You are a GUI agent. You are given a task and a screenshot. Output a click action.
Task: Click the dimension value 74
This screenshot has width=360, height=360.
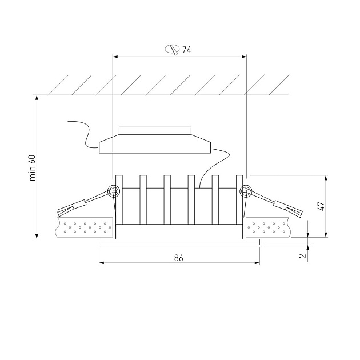186,49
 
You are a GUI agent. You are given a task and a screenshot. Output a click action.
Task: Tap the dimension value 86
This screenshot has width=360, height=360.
179,258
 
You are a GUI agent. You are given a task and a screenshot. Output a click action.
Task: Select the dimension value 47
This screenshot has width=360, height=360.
321,206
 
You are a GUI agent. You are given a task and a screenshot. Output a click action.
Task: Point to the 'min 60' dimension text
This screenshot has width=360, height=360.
33,168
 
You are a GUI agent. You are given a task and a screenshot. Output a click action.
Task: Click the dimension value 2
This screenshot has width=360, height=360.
303,255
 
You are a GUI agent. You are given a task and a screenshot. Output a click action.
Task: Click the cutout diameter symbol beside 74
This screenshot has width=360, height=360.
172,49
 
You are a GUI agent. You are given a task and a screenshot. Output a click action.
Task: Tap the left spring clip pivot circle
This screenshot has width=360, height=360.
114,191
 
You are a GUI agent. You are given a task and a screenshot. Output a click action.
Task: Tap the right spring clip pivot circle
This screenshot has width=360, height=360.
245,191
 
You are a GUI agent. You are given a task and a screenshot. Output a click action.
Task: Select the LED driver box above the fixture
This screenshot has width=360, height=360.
155,144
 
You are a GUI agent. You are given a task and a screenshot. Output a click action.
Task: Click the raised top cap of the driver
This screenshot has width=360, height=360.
155,131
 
